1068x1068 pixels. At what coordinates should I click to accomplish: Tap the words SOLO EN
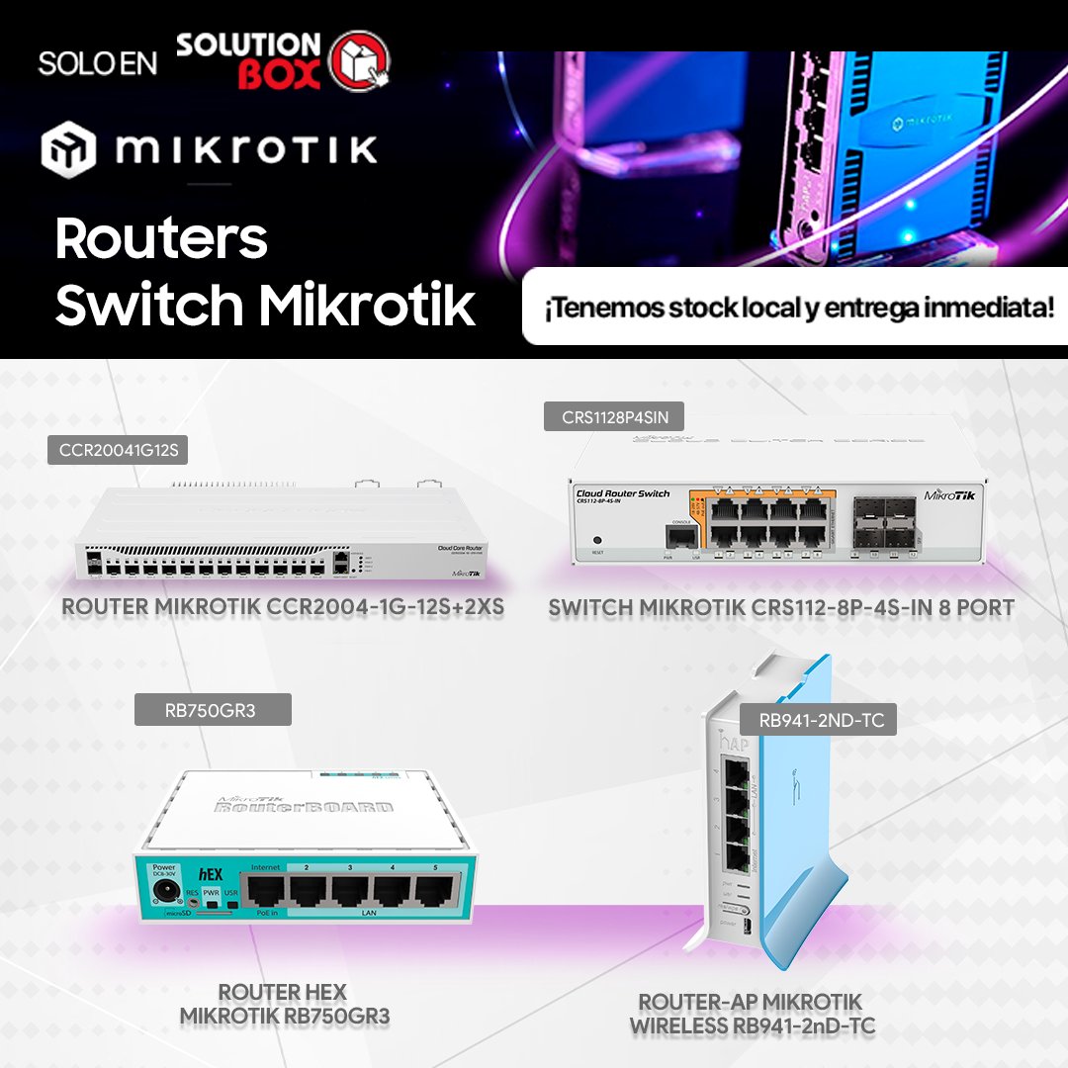98,62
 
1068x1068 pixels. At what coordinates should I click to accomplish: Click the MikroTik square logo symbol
69,149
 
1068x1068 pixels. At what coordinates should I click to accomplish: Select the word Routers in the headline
161,238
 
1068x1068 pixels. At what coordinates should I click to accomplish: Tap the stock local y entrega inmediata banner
795,308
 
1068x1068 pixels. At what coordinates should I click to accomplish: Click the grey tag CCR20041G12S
118,451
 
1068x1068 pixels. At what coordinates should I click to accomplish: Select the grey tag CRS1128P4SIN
613,416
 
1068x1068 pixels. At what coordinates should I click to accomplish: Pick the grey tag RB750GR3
213,709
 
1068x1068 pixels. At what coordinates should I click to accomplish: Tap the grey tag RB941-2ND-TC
819,720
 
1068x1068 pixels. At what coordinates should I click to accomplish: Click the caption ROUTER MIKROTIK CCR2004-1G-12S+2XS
283,607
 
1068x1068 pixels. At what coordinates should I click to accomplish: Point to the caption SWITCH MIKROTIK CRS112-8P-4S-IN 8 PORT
781,607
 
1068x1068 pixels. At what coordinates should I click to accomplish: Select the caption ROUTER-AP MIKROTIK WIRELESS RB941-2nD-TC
752,1014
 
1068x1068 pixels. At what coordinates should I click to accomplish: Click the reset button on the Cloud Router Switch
596,542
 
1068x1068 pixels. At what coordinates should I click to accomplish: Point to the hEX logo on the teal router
209,874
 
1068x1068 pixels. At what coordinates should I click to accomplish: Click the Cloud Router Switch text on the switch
622,492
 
